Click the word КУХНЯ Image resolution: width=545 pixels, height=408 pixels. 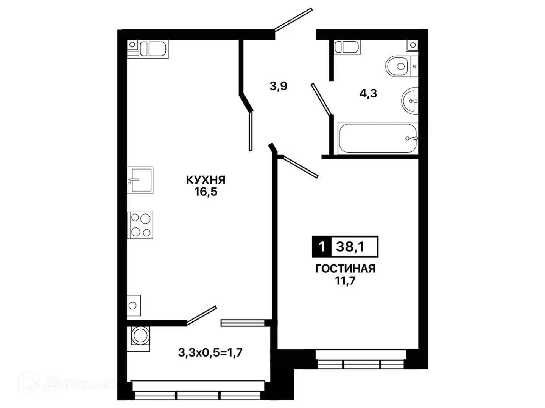click(x=206, y=180)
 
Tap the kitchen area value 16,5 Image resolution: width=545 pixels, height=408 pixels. click(x=206, y=192)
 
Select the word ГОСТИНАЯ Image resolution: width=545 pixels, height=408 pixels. click(x=345, y=269)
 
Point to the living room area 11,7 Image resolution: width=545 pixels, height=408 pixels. click(x=346, y=281)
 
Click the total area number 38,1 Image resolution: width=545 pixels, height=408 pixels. click(x=350, y=247)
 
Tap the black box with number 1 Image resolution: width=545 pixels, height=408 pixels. click(x=322, y=247)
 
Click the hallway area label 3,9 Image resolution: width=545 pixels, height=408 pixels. click(x=278, y=86)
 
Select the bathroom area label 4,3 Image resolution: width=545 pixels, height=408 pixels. click(x=368, y=93)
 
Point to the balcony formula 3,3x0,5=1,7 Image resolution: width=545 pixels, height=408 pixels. click(x=210, y=352)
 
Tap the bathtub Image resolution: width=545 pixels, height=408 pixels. click(x=378, y=138)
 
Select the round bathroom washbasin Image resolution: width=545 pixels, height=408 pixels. click(x=410, y=101)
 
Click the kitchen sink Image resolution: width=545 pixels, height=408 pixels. click(x=140, y=180)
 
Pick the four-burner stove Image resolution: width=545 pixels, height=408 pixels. click(x=140, y=225)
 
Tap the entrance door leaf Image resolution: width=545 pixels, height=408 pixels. click(x=293, y=20)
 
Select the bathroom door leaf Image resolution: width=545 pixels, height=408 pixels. click(x=322, y=99)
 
